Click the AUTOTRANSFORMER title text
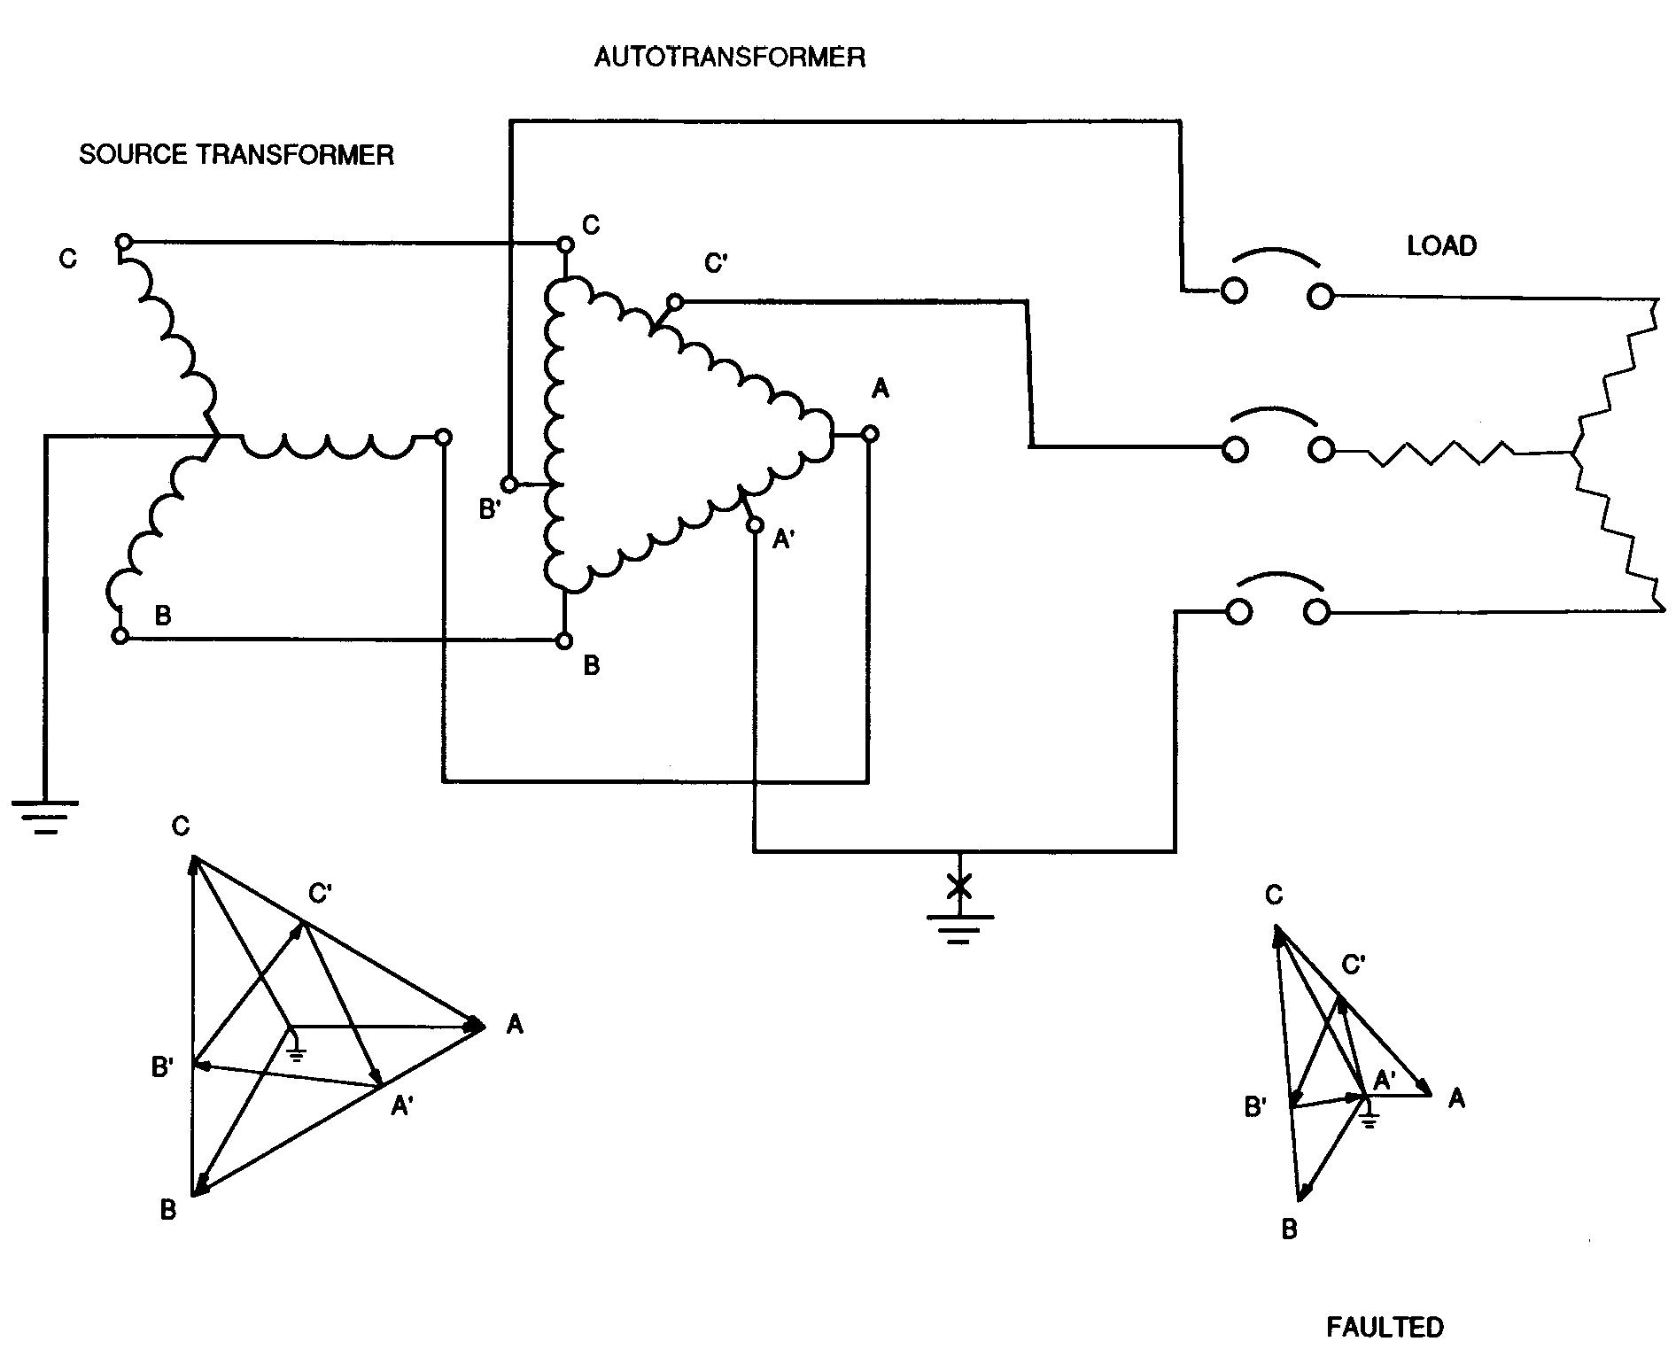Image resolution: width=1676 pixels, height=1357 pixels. coord(729,58)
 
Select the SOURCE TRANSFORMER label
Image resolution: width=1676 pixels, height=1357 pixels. coord(237,155)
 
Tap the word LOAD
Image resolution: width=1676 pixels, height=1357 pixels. coord(1441,246)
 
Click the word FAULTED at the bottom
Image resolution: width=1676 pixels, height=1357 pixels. coord(1385,1327)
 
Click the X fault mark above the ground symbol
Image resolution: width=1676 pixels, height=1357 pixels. coord(958,886)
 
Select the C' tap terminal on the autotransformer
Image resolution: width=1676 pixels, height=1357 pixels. coord(674,302)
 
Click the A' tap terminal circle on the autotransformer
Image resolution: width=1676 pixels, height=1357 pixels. coord(755,526)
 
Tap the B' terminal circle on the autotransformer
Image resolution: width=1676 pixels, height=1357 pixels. coord(509,485)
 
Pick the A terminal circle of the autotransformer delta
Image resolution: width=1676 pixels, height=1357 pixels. coord(870,434)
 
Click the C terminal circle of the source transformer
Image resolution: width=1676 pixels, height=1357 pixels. coord(124,242)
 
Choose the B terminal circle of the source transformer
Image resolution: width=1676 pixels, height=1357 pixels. coord(120,635)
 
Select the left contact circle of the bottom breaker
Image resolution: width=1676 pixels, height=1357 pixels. coord(1238,612)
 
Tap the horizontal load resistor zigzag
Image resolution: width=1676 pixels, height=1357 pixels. coord(1439,454)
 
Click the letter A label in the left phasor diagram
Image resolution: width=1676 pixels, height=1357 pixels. coord(514,1026)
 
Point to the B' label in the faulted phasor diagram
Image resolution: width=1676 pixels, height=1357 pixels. coord(1255,1106)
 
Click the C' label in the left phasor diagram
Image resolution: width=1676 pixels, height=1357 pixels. coord(320,894)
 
